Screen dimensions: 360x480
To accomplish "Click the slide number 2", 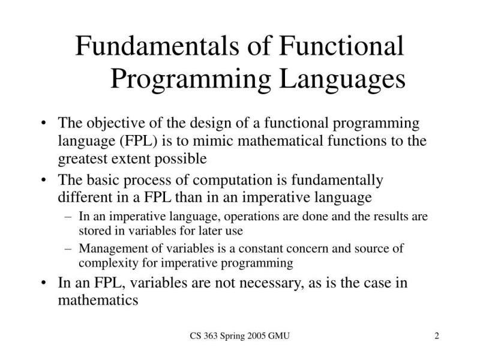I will coord(437,337).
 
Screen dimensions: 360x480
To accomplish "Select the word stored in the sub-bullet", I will coord(92,230).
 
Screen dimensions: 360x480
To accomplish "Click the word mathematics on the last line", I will coord(98,300).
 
